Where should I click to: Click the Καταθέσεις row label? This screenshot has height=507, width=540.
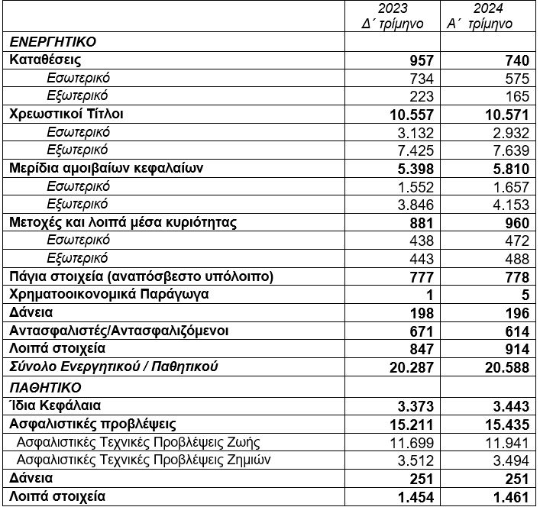tap(46, 60)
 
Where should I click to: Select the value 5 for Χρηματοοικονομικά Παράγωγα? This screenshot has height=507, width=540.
tap(523, 295)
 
